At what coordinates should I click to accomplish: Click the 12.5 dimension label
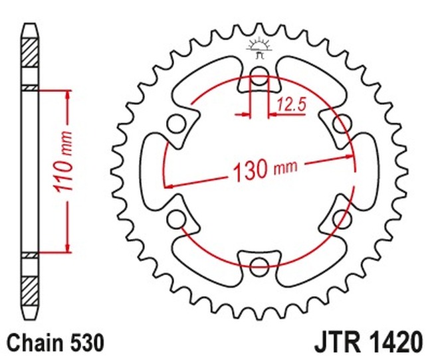click(x=292, y=105)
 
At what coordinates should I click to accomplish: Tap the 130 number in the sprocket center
click(x=251, y=169)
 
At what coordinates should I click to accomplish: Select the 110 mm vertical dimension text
click(x=63, y=162)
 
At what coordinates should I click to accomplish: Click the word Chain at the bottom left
click(x=35, y=343)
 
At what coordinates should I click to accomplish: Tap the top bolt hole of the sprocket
click(x=259, y=76)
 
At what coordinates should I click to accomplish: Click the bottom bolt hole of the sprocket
click(x=259, y=266)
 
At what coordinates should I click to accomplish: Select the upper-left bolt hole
click(x=176, y=124)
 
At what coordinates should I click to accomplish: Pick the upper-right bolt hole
click(x=342, y=124)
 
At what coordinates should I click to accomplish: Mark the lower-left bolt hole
click(x=176, y=219)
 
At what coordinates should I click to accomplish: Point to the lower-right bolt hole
click(x=342, y=219)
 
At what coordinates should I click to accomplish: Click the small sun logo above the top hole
click(x=259, y=48)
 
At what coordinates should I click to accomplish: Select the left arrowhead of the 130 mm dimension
click(x=169, y=187)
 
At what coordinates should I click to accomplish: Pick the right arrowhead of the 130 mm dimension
click(x=349, y=157)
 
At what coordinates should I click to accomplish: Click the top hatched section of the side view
click(x=30, y=52)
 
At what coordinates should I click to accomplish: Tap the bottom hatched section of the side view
click(x=30, y=291)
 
